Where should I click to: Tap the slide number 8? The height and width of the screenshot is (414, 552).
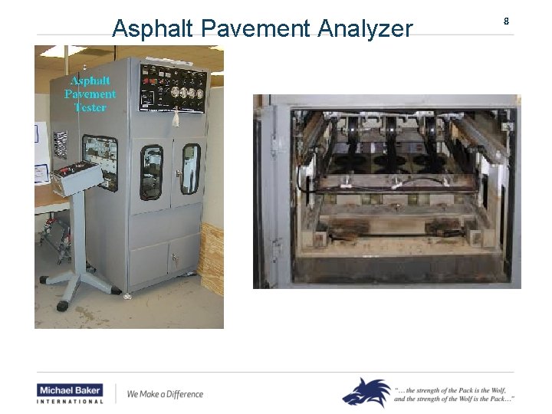point(506,21)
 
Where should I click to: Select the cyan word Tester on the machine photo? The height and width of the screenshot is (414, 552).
point(90,107)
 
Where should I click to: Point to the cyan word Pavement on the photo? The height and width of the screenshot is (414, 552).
point(90,94)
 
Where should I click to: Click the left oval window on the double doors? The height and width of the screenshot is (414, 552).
point(151,171)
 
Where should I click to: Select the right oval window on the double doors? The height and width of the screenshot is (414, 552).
point(189,168)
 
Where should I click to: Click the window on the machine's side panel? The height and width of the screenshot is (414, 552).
point(100,162)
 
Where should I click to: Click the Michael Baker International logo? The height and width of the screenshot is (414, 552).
point(70,393)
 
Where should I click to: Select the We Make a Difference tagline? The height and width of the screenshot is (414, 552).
point(165,394)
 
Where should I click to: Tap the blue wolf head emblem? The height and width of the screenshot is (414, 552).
point(366,392)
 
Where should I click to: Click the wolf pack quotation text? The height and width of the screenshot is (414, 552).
point(454,394)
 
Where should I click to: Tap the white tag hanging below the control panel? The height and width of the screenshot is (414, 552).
point(176,118)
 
